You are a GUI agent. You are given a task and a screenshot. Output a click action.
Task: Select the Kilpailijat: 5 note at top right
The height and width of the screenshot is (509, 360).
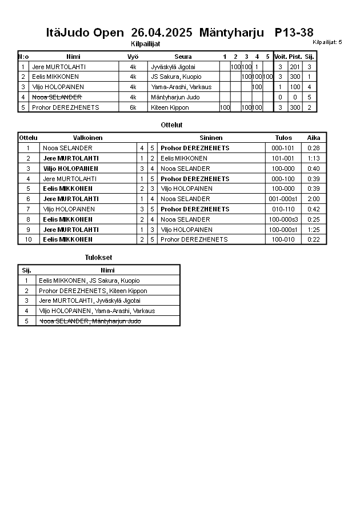click(x=327, y=42)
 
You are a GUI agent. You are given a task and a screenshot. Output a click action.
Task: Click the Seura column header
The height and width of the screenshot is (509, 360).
click(x=183, y=57)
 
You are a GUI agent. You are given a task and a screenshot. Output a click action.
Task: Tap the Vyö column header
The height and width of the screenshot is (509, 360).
click(x=133, y=57)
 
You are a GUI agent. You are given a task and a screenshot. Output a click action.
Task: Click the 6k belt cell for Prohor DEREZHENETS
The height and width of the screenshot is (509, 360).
click(x=133, y=107)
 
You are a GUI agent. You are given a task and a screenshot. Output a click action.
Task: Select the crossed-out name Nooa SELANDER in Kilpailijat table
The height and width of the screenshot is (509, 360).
click(x=57, y=97)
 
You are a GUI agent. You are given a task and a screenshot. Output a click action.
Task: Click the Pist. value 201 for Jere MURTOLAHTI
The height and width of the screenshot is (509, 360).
click(x=295, y=67)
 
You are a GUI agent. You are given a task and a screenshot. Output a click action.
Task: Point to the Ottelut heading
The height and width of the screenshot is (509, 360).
click(x=172, y=125)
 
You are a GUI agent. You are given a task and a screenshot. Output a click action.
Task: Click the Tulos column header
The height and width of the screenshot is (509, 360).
click(x=283, y=138)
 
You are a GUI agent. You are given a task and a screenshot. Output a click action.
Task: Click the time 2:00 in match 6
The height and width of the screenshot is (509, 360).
click(x=313, y=199)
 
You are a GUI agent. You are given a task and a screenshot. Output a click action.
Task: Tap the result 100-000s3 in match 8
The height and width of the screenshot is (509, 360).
click(x=285, y=219)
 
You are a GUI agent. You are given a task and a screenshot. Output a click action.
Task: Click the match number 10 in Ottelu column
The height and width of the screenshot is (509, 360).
click(x=27, y=239)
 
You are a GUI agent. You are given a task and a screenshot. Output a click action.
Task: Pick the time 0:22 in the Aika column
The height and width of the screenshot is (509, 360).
click(x=313, y=239)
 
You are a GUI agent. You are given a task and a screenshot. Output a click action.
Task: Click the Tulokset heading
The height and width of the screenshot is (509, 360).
click(x=98, y=258)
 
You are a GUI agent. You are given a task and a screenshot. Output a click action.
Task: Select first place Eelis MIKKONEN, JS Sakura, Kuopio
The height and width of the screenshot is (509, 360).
click(x=89, y=280)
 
